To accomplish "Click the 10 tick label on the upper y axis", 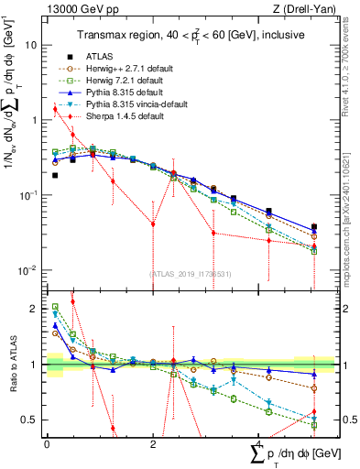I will pos(31,45).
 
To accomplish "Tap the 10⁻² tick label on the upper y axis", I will pos(29,270).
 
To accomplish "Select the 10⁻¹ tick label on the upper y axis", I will pos(29,195).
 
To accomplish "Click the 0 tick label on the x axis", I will pos(47,442).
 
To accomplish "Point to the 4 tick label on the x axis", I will pos(257,442).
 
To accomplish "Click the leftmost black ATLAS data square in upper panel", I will pos(55,175).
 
